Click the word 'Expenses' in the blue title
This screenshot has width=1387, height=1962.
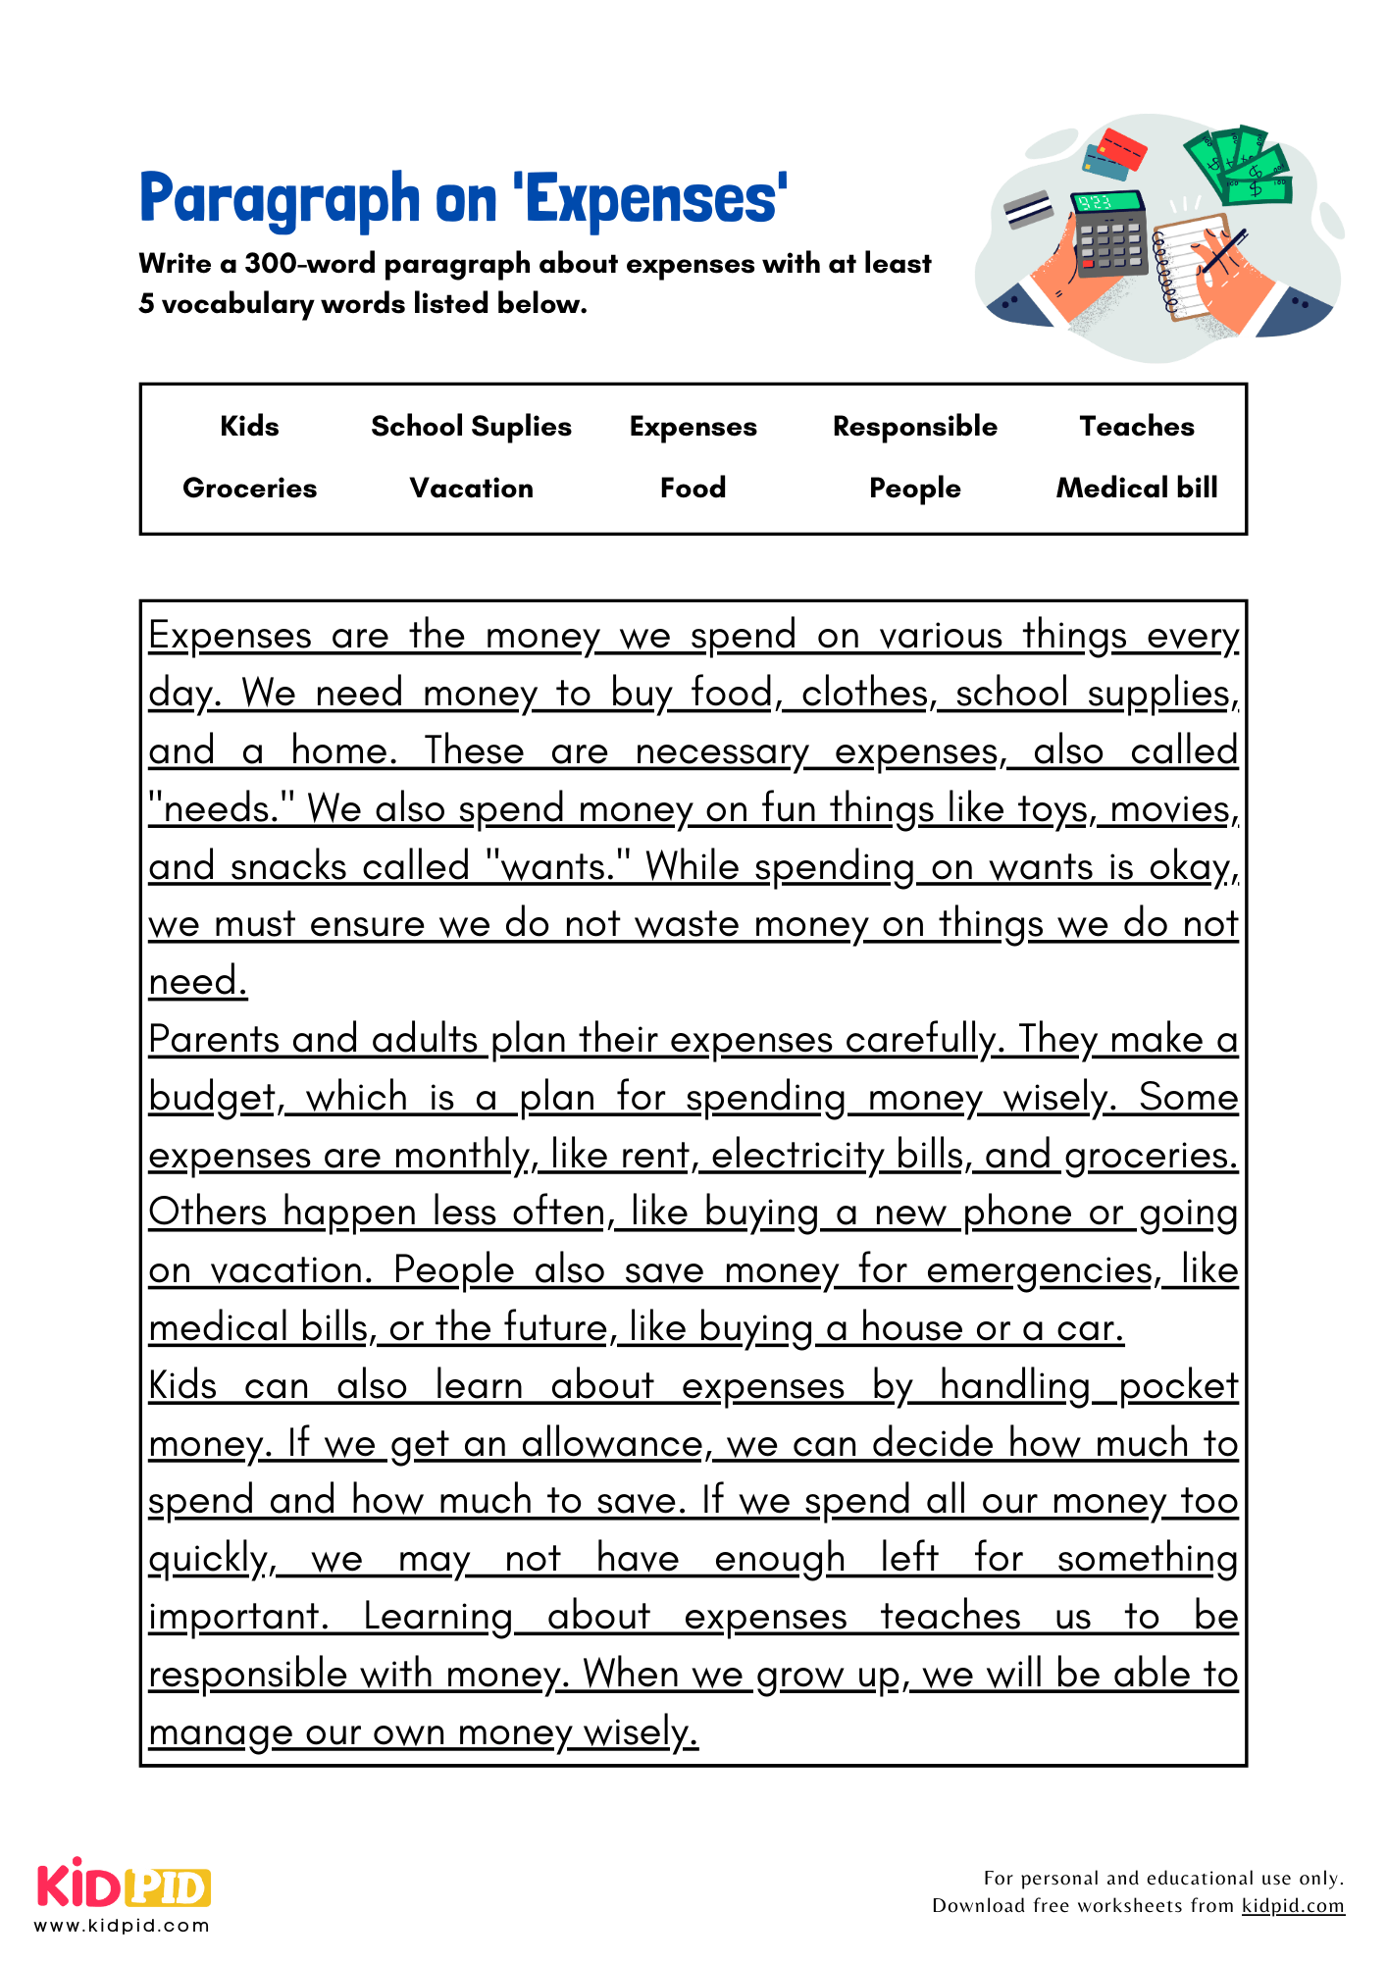pyautogui.click(x=655, y=199)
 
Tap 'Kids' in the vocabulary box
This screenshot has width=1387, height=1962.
pyautogui.click(x=249, y=426)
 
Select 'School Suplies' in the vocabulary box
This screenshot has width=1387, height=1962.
pyautogui.click(x=471, y=426)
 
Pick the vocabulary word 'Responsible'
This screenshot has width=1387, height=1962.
pyautogui.click(x=914, y=426)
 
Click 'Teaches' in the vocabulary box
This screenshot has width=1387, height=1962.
pyautogui.click(x=1136, y=426)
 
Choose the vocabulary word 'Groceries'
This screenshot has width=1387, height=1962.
pyautogui.click(x=249, y=488)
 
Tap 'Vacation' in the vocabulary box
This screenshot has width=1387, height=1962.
pyautogui.click(x=471, y=488)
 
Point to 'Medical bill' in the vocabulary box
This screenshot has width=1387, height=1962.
pyautogui.click(x=1136, y=488)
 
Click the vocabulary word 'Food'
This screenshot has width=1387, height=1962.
pyautogui.click(x=693, y=488)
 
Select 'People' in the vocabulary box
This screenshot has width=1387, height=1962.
pyautogui.click(x=914, y=488)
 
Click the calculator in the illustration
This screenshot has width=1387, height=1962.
pyautogui.click(x=1109, y=235)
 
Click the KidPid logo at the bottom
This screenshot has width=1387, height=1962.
pyautogui.click(x=124, y=1889)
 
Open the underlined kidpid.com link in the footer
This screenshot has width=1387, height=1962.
pyautogui.click(x=1292, y=1905)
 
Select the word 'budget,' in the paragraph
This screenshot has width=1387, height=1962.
pyautogui.click(x=216, y=1097)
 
